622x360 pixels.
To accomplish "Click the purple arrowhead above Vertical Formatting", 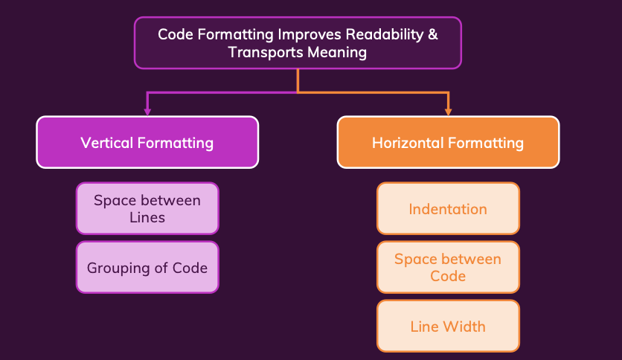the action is (x=147, y=112).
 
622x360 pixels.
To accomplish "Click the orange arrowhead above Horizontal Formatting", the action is (x=448, y=112).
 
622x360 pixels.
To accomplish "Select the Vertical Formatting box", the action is (x=147, y=142).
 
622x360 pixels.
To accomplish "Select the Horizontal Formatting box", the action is (x=448, y=142).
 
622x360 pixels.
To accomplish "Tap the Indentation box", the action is (x=448, y=208).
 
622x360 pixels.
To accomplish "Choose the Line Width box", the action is (x=448, y=326).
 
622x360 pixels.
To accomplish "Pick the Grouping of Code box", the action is (x=147, y=267).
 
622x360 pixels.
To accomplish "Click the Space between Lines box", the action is (x=147, y=208).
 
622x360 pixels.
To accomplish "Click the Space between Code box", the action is (x=448, y=267).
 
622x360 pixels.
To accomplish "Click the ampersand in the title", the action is (x=433, y=34).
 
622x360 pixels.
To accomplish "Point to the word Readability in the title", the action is (x=385, y=35).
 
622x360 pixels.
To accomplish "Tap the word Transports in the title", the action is (x=266, y=53).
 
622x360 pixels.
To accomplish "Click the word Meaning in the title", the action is (x=337, y=53).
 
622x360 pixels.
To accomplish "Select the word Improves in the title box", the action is (x=310, y=35).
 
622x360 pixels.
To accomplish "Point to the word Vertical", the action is (x=106, y=143).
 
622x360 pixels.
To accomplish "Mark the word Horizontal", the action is (x=408, y=143).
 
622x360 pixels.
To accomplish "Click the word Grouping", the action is (x=118, y=269).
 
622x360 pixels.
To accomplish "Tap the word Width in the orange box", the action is (x=464, y=327).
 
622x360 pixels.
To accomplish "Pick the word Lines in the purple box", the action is (x=147, y=218).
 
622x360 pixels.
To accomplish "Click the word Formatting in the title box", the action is (x=236, y=35).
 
